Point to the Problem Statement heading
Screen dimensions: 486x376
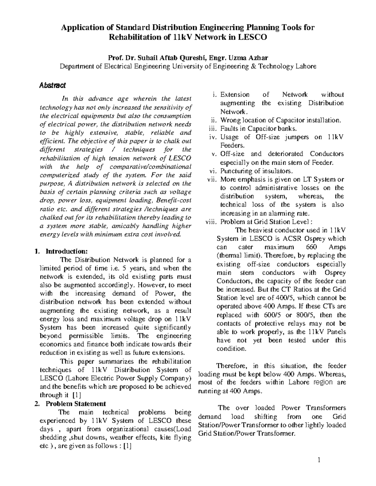pyautogui.click(x=76, y=403)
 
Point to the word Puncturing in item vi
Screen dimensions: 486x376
pyautogui.click(x=236, y=171)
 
